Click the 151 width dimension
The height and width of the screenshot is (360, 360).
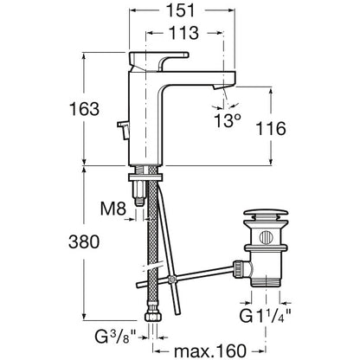pyautogui.click(x=182, y=10)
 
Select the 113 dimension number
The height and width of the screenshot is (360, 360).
pyautogui.click(x=183, y=33)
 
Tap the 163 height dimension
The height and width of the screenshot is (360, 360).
pyautogui.click(x=84, y=109)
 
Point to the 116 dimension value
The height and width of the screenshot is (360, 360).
pyautogui.click(x=271, y=129)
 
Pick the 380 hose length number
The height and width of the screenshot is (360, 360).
pyautogui.click(x=84, y=241)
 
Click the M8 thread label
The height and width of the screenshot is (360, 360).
pyautogui.click(x=113, y=209)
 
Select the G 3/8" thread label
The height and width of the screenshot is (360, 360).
pyautogui.click(x=116, y=337)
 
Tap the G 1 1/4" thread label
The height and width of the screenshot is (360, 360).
pyautogui.click(x=265, y=316)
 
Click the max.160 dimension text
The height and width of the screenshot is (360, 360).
pyautogui.click(x=210, y=350)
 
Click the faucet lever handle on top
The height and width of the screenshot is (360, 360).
pyautogui.click(x=158, y=61)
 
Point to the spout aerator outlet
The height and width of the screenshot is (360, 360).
pyautogui.click(x=220, y=87)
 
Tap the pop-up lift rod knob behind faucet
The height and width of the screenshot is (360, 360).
pyautogui.click(x=124, y=130)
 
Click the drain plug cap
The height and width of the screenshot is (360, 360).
pyautogui.click(x=266, y=215)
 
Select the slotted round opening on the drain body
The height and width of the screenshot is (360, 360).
pyautogui.click(x=266, y=237)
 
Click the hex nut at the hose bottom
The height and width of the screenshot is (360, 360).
pyautogui.click(x=152, y=318)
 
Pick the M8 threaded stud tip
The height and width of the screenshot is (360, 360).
pyautogui.click(x=139, y=201)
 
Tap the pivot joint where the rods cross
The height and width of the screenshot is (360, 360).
pyautogui.click(x=172, y=280)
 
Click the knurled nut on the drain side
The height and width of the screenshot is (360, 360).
pyautogui.click(x=239, y=268)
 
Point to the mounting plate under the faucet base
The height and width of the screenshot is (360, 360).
pyautogui.click(x=146, y=177)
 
